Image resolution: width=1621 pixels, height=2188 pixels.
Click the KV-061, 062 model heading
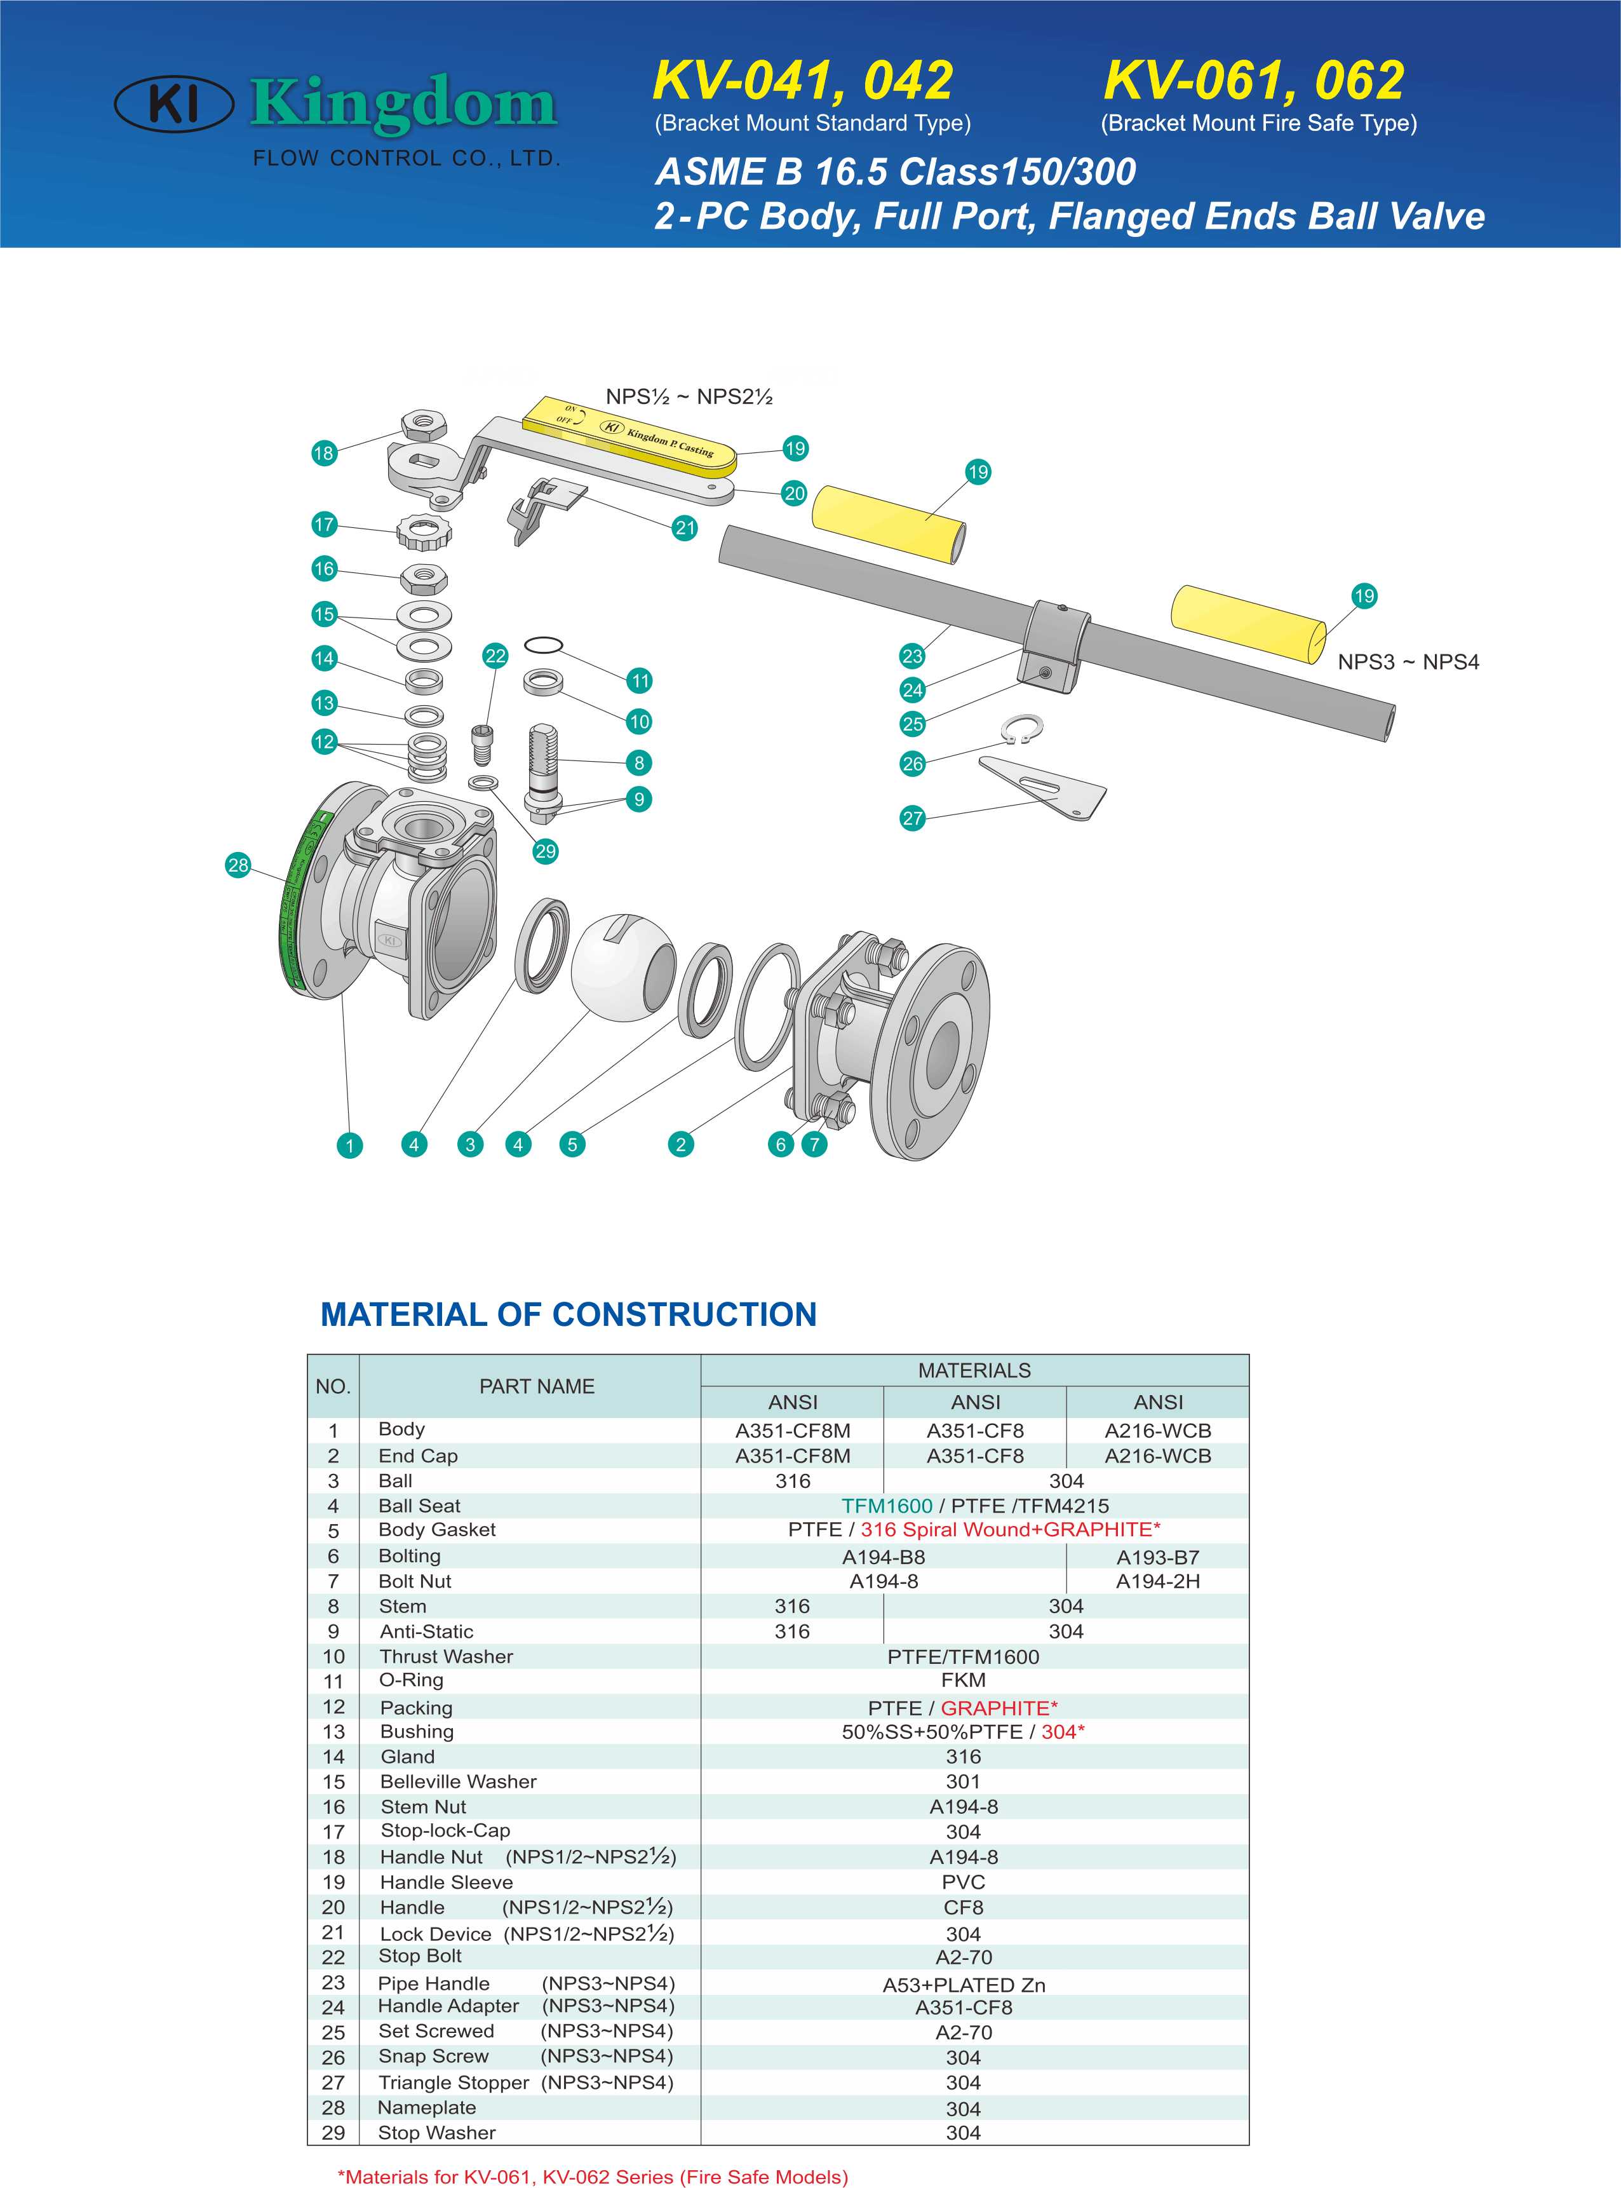click(x=1253, y=81)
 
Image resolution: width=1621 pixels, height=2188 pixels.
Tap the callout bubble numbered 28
click(x=238, y=865)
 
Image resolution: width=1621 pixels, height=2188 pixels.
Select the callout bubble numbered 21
click(x=685, y=528)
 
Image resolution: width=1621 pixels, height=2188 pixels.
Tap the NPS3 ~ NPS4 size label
click(x=1407, y=662)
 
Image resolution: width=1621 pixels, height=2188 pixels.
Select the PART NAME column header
click(x=537, y=1386)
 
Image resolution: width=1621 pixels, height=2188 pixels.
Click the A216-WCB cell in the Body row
click(x=1158, y=1431)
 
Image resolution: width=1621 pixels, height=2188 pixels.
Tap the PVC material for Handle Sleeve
click(x=964, y=1882)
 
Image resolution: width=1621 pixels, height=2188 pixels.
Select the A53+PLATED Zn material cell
click(x=964, y=1985)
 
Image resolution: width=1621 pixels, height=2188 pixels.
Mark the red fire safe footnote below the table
click(x=593, y=2176)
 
